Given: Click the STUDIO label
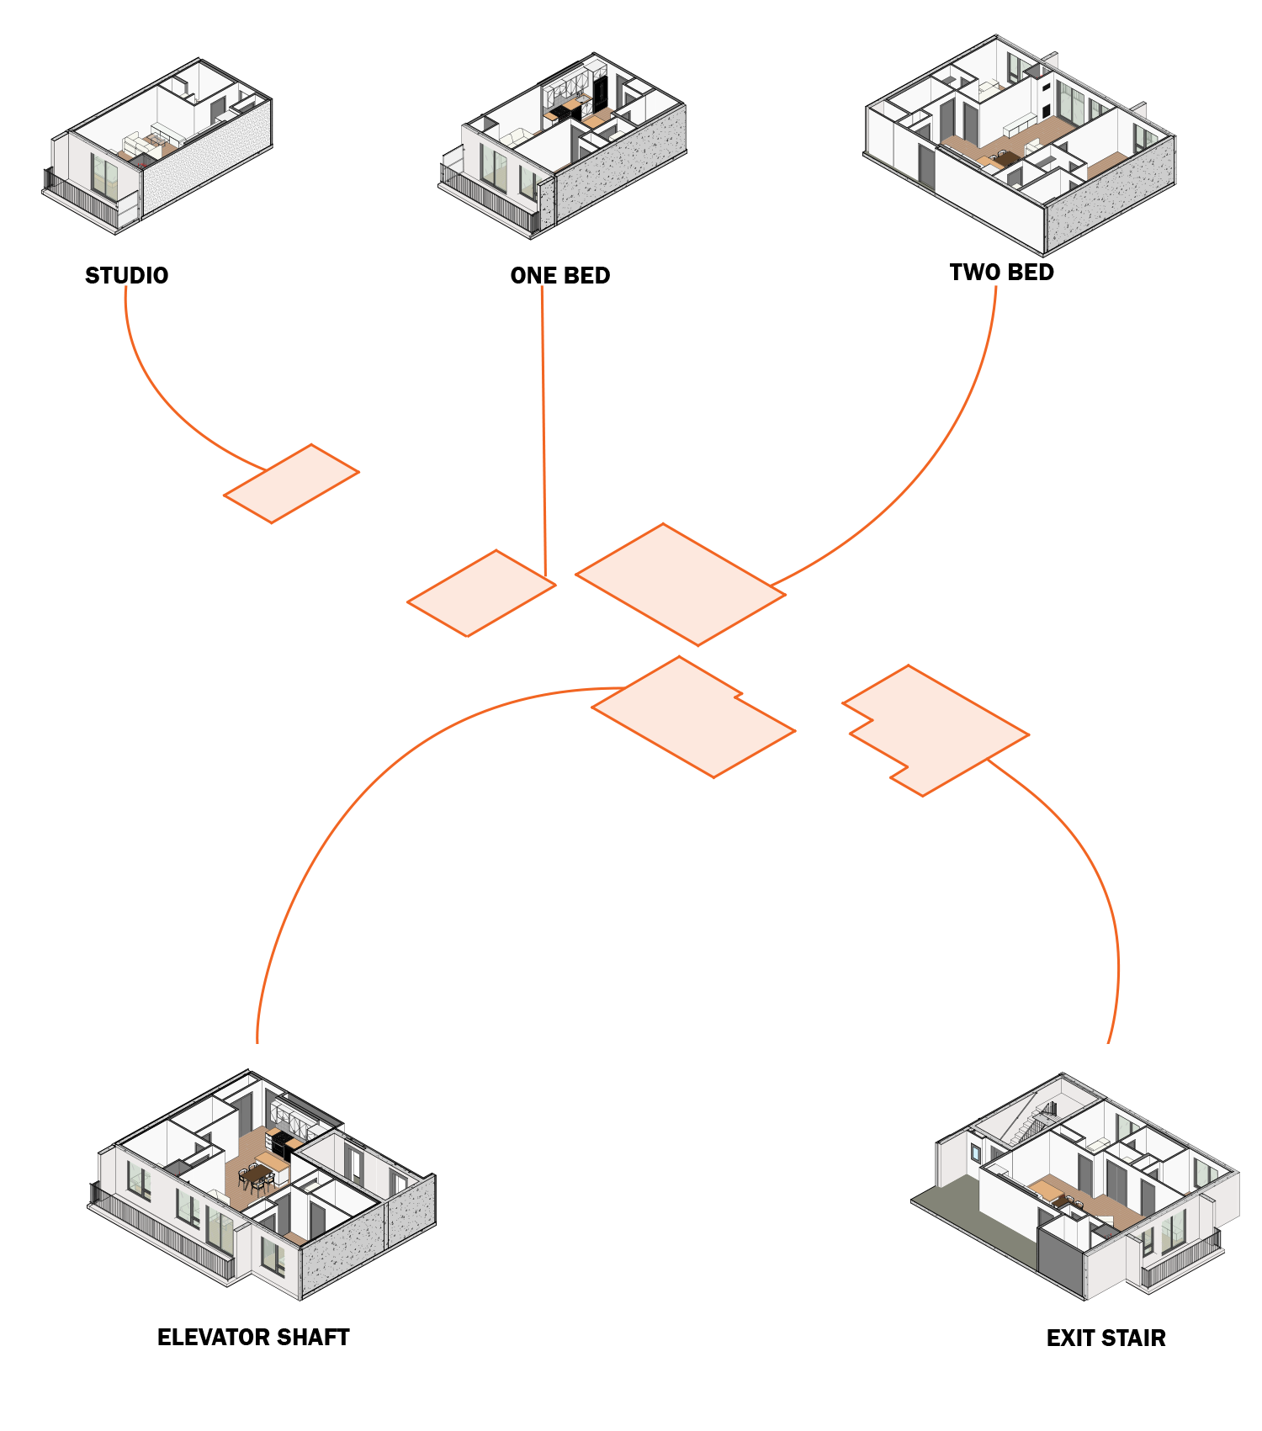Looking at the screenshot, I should click(x=126, y=276).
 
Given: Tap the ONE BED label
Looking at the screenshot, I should click(x=559, y=276).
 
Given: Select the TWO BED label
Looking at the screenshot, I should click(x=1001, y=273).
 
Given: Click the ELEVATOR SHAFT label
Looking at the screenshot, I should click(x=252, y=1338).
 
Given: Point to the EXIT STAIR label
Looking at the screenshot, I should click(x=1106, y=1338).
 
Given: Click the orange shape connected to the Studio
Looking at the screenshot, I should click(x=291, y=484).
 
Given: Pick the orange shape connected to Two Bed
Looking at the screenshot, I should click(x=680, y=584).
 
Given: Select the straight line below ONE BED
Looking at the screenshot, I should click(x=544, y=421).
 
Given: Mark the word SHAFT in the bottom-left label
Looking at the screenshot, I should click(x=312, y=1338).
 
